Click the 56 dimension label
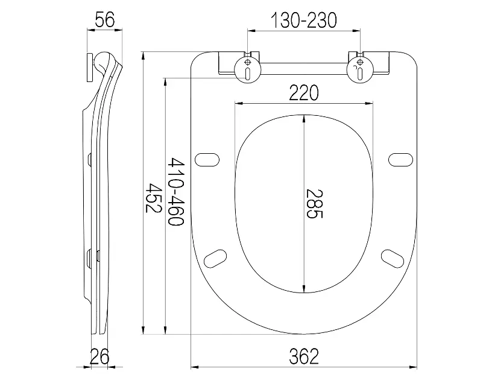pos(104,19)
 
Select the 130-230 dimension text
pos(303,21)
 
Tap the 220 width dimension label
pos(303,93)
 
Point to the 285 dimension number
pos(314,204)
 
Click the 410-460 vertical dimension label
pos(175,192)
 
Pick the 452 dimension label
pos(154,198)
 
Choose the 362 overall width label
pos(304,356)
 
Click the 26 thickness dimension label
pos(99,356)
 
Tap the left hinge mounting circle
pos(248,70)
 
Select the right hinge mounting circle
pos(360,70)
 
